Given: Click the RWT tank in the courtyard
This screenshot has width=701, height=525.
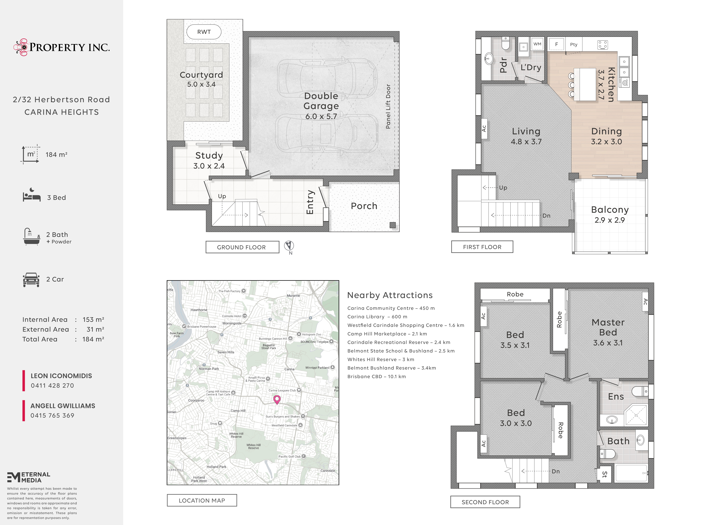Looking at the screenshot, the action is pyautogui.click(x=204, y=32).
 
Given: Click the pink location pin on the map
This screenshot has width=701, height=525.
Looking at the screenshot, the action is pyautogui.click(x=277, y=400).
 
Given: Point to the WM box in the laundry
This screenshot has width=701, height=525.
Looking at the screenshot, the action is pyautogui.click(x=537, y=44).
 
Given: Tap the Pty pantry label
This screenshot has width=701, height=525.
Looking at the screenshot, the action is pyautogui.click(x=574, y=44).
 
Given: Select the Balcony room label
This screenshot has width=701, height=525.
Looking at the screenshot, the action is pyautogui.click(x=610, y=210).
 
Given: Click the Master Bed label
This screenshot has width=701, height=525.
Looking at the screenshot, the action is pyautogui.click(x=608, y=327).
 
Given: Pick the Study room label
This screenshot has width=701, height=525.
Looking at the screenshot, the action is pyautogui.click(x=209, y=156).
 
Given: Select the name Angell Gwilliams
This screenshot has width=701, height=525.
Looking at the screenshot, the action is pyautogui.click(x=63, y=406).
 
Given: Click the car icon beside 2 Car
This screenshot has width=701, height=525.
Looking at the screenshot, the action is pyautogui.click(x=31, y=280).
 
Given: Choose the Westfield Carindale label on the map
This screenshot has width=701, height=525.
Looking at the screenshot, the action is pyautogui.click(x=284, y=426).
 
